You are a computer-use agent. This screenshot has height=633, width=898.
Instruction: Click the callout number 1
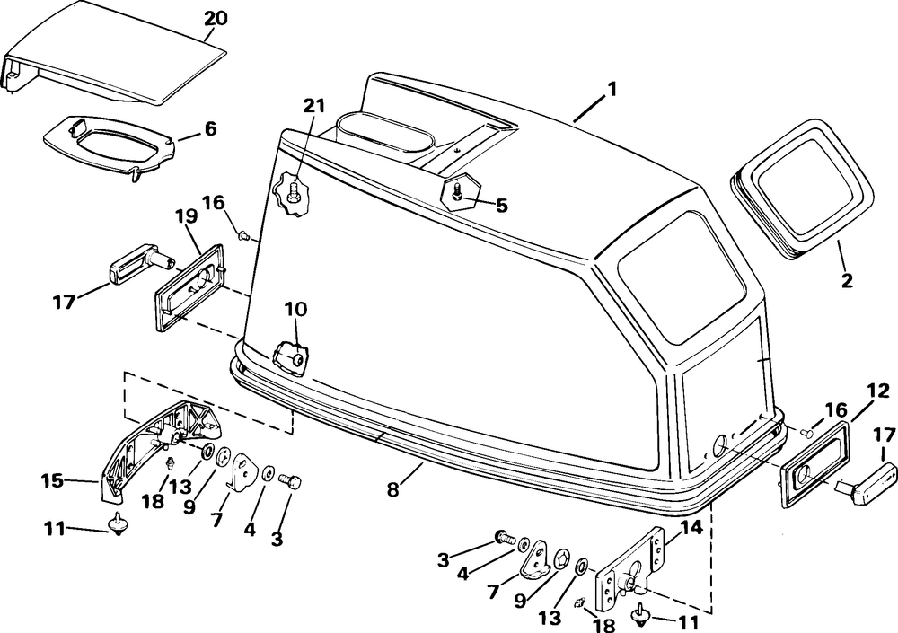[611, 89]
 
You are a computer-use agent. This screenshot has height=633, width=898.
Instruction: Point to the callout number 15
[52, 481]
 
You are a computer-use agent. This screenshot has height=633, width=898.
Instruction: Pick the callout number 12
[878, 391]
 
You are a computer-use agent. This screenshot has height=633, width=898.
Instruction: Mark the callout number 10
[295, 309]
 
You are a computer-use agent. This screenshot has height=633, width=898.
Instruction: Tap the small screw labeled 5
[459, 190]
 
